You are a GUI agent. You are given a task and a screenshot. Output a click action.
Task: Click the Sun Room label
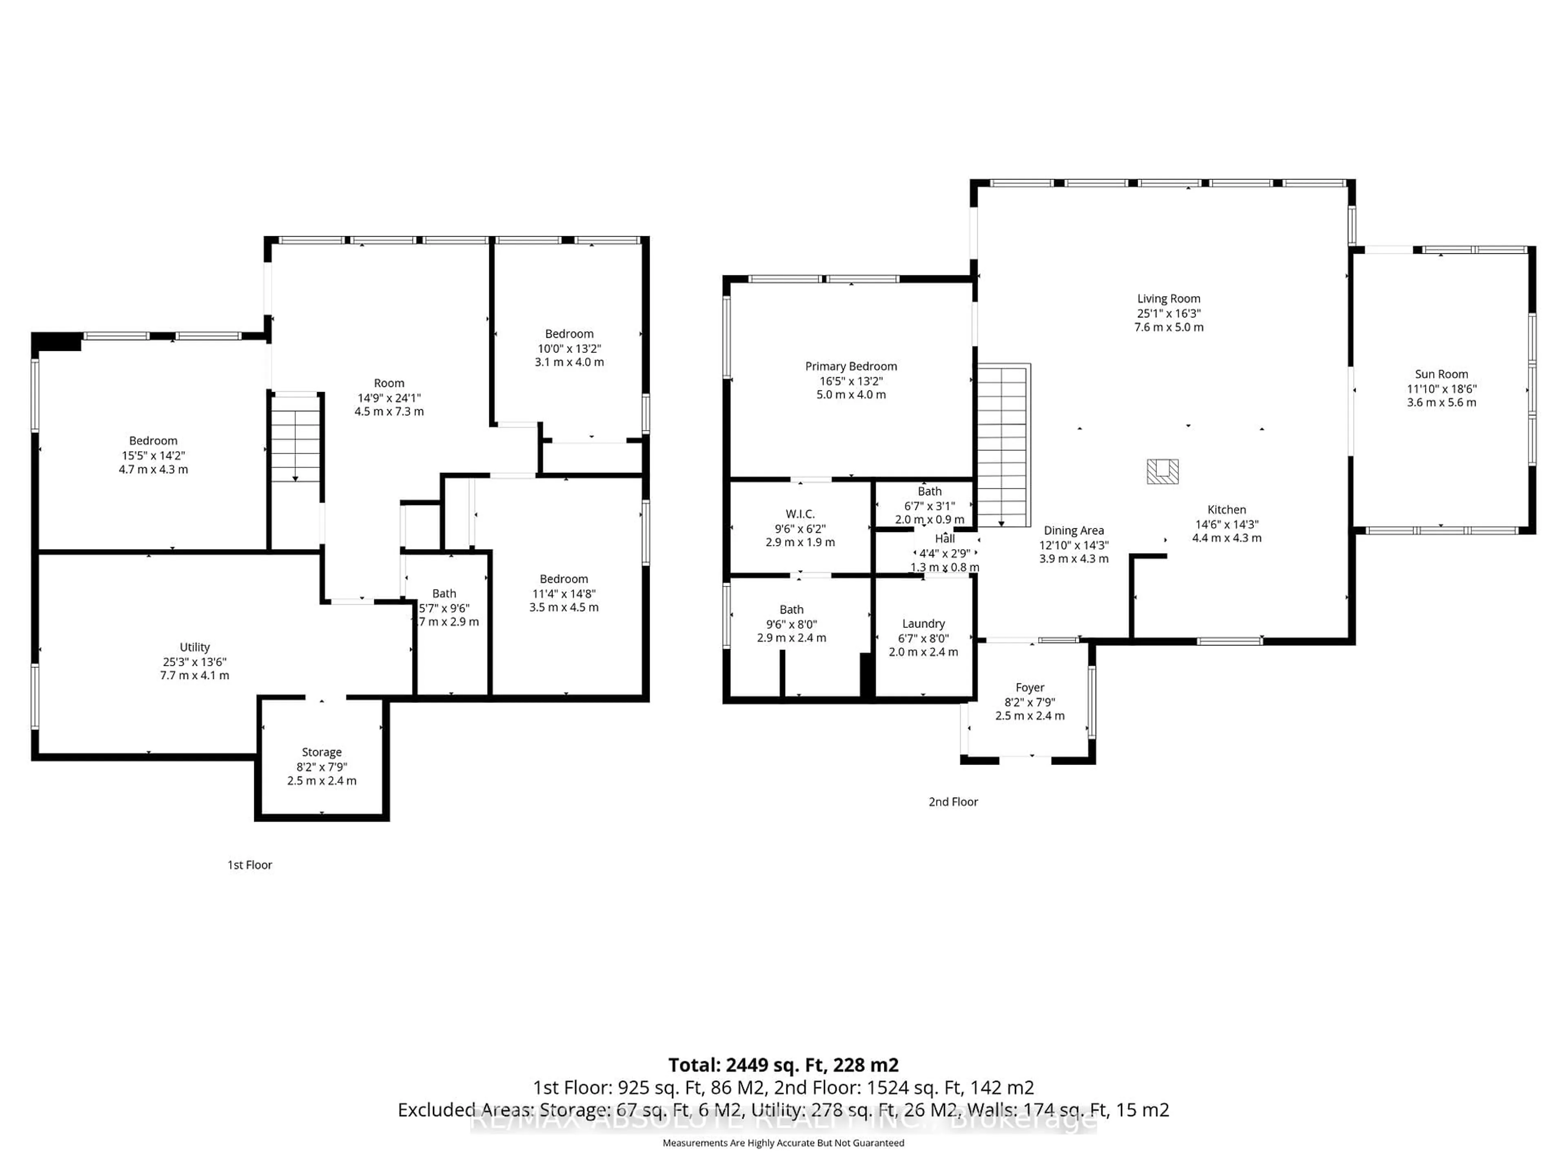coord(1441,374)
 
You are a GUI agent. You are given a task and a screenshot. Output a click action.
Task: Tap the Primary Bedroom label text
coord(851,366)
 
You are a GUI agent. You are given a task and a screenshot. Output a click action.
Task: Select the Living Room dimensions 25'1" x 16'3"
coord(1168,313)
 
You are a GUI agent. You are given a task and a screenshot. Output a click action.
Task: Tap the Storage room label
coord(322,752)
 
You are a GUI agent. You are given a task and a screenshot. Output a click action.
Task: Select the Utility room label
coord(195,647)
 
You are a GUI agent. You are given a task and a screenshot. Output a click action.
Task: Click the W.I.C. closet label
coord(800,514)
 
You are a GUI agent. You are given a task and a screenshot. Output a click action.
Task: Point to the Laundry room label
coord(923,624)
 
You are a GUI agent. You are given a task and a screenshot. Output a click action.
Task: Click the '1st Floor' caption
coord(249,865)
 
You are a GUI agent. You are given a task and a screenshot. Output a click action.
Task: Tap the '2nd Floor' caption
coord(953,802)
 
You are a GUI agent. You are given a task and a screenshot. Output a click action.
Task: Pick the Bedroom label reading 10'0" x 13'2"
coord(569,334)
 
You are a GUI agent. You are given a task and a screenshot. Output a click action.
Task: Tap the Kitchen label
coord(1226,510)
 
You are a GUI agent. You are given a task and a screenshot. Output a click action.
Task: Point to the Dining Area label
coord(1073,530)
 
